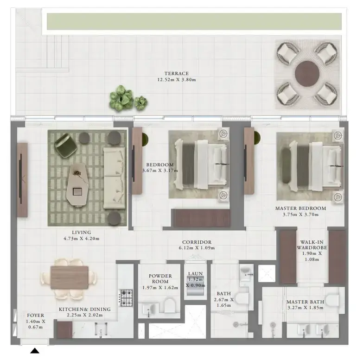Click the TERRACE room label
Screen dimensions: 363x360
point(177,73)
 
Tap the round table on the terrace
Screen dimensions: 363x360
point(307,74)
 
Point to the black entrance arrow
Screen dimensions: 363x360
point(35,351)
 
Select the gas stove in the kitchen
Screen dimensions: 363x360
point(126,298)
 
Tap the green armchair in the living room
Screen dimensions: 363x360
point(66,145)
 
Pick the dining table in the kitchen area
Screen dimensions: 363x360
point(69,278)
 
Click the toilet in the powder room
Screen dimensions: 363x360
point(170,306)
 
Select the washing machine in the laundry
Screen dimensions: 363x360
point(195,286)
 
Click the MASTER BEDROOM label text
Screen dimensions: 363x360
point(300,208)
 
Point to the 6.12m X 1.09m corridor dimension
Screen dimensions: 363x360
point(197,248)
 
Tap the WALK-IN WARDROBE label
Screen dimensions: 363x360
point(312,245)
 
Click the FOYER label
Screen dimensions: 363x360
point(35,316)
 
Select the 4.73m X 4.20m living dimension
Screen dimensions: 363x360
point(82,239)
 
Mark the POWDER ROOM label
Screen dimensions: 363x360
point(160,279)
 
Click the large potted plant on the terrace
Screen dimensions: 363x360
point(121,98)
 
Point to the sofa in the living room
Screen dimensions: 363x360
point(115,178)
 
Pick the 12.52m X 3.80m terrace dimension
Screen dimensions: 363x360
point(177,80)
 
